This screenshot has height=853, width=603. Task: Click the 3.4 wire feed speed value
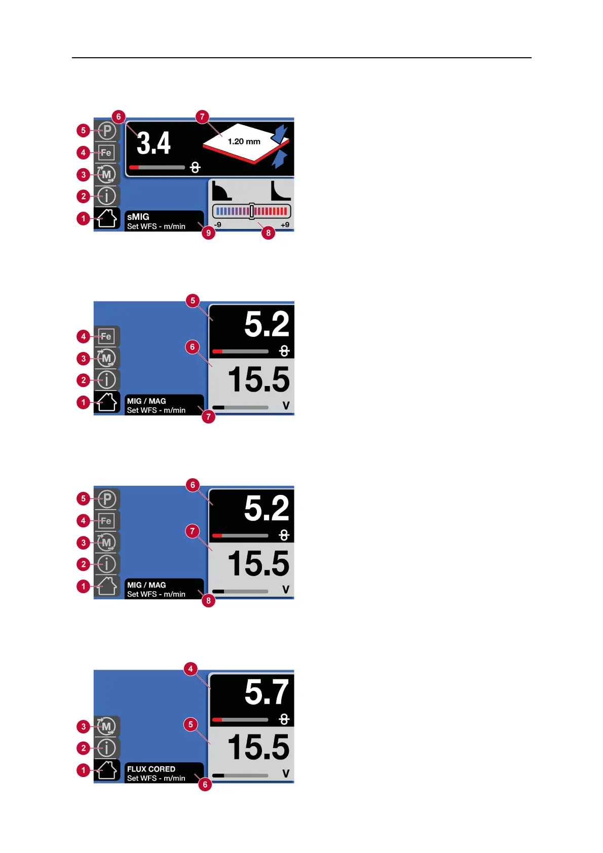coord(154,143)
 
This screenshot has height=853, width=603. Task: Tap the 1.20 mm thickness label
coord(244,142)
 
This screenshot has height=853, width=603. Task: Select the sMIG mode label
coord(138,217)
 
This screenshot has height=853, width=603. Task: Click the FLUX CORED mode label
coord(151,769)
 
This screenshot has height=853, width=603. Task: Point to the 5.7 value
coord(266,692)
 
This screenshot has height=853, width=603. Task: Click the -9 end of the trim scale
coord(217,225)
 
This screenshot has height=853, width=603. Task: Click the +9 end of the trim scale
coord(285,225)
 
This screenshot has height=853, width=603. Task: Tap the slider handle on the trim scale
coord(252,211)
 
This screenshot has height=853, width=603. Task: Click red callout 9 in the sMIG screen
coord(208,233)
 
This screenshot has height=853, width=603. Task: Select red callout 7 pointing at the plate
coord(202,117)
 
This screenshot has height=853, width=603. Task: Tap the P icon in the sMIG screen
coord(107,131)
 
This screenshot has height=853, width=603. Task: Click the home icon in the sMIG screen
coord(107,219)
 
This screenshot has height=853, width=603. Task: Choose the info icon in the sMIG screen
coord(107,196)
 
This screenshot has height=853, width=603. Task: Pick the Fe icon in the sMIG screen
coord(106,152)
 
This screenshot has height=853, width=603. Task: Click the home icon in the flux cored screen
coord(107,770)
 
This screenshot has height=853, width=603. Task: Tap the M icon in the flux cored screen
coord(106,726)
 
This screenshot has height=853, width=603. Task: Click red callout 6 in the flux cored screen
coord(205,784)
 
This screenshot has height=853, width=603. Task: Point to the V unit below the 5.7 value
coord(286,774)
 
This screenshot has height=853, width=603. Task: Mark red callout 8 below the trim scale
coord(268,233)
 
